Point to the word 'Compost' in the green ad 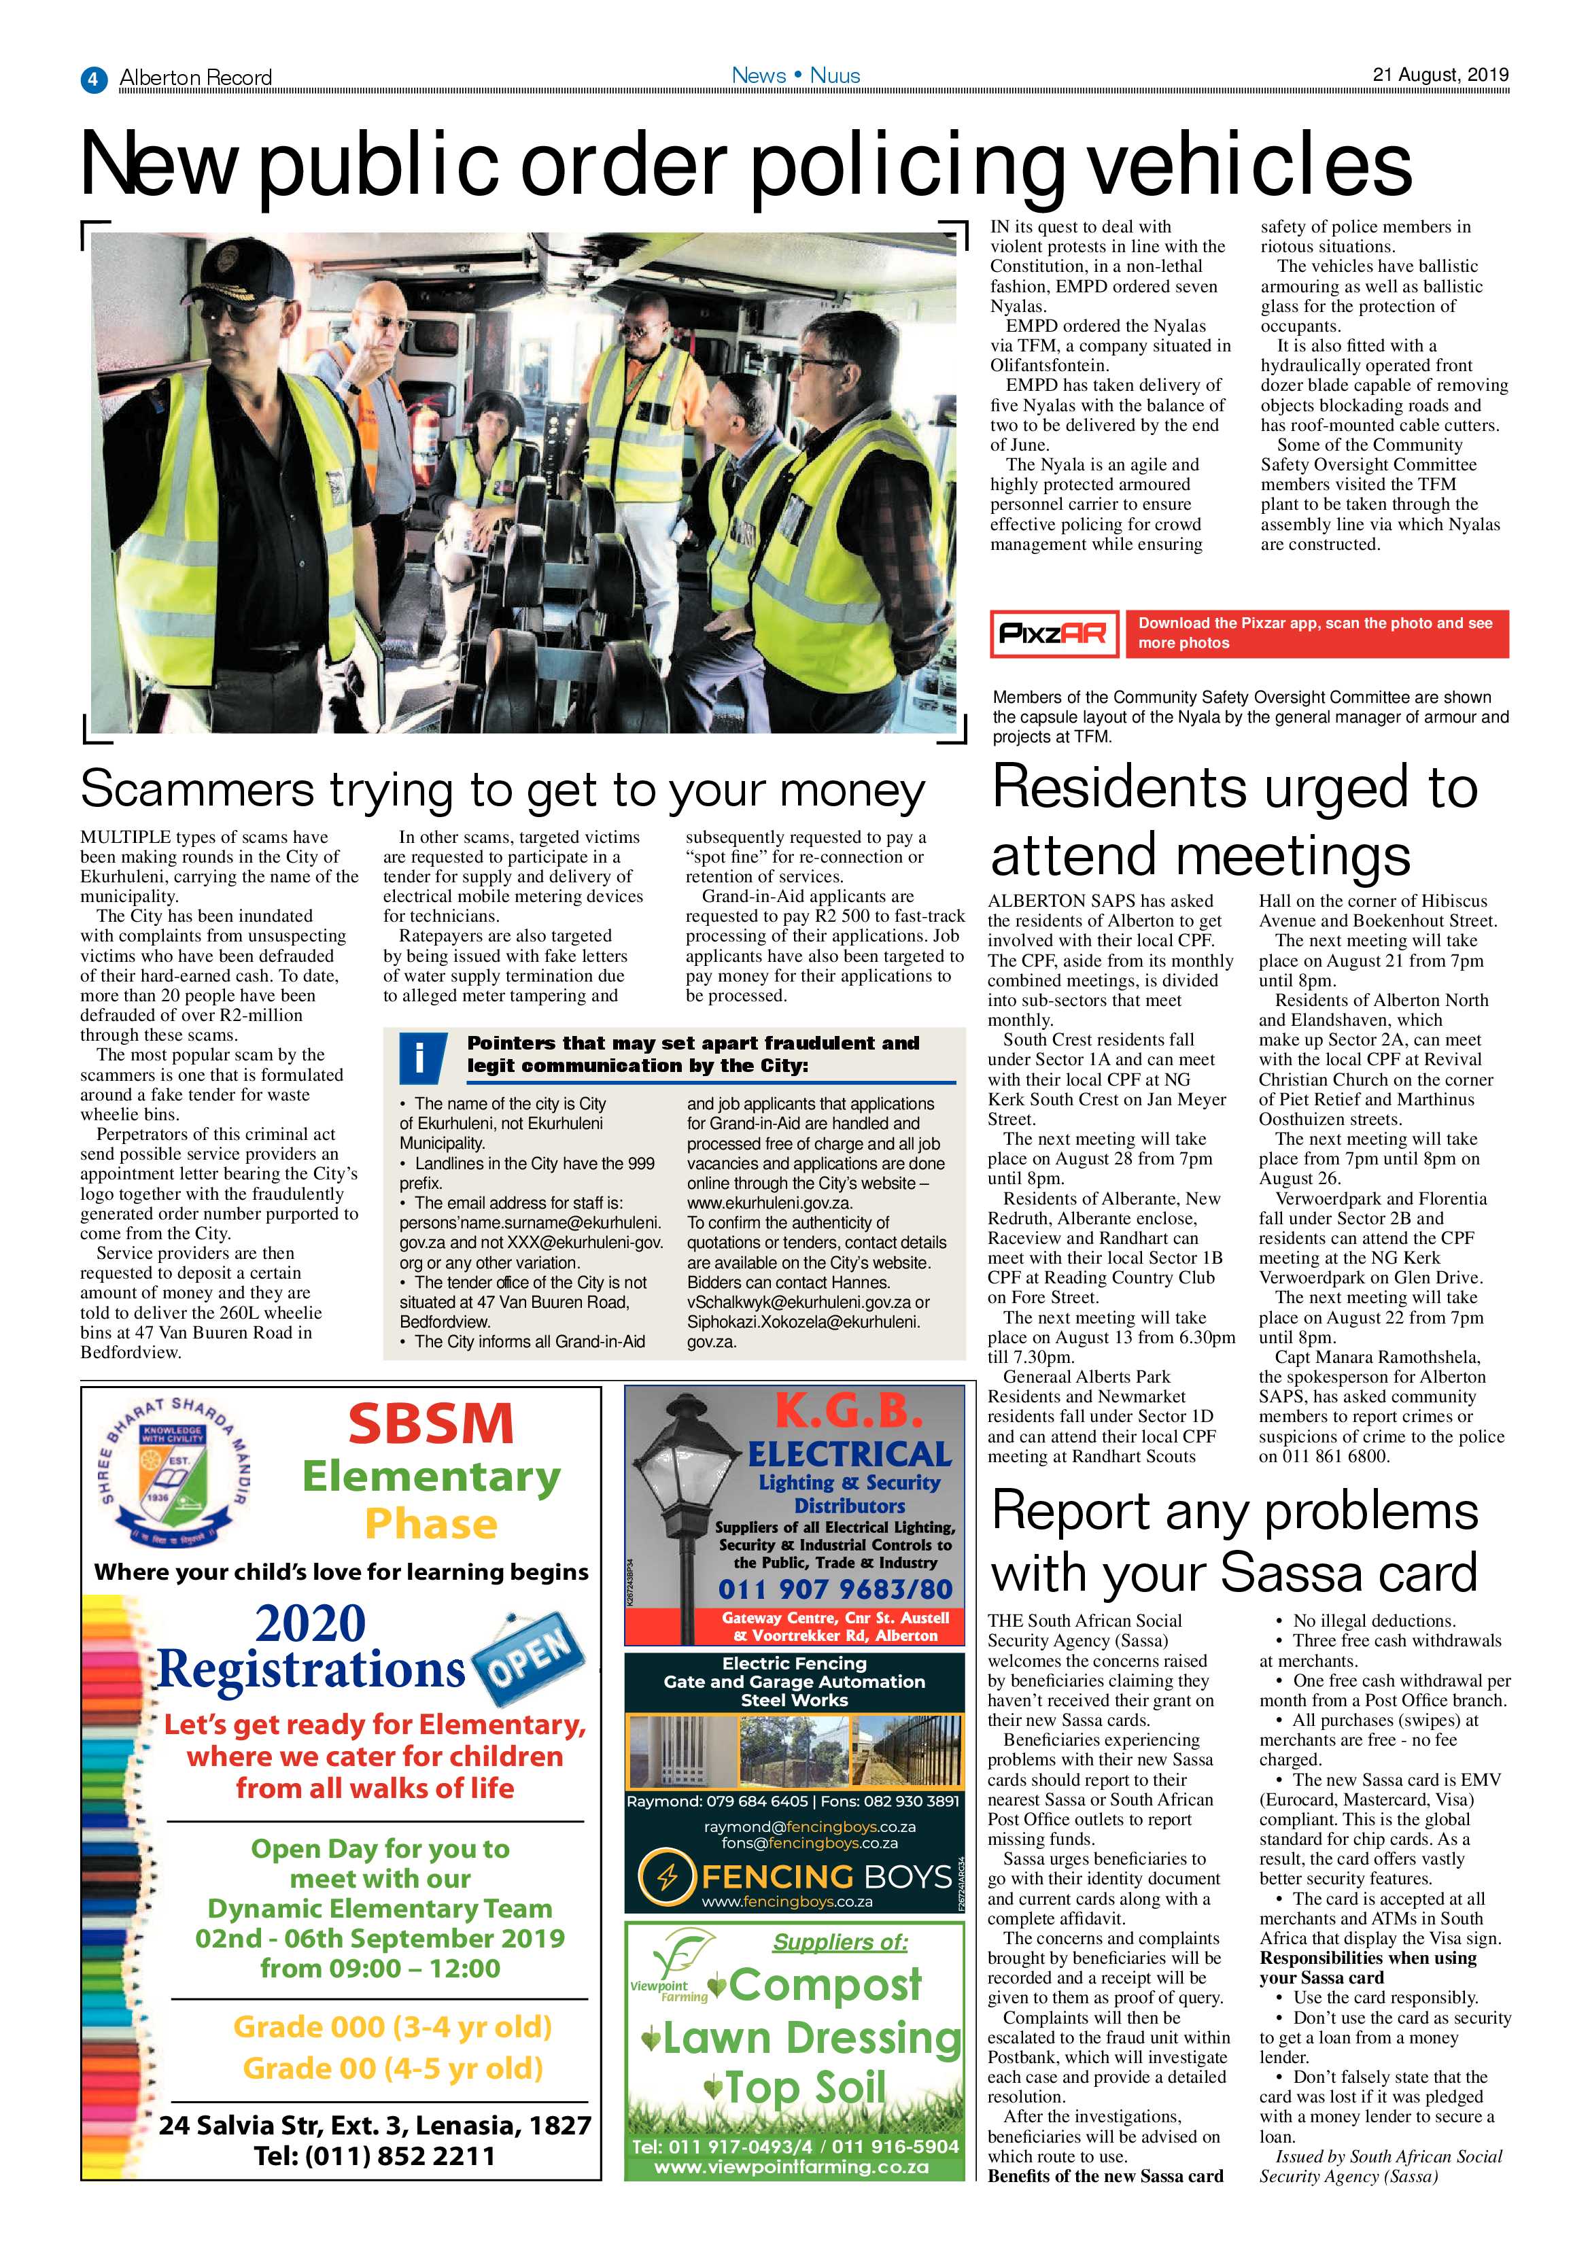[x=825, y=1985]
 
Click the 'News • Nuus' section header [x=795, y=75]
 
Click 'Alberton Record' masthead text [x=196, y=78]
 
